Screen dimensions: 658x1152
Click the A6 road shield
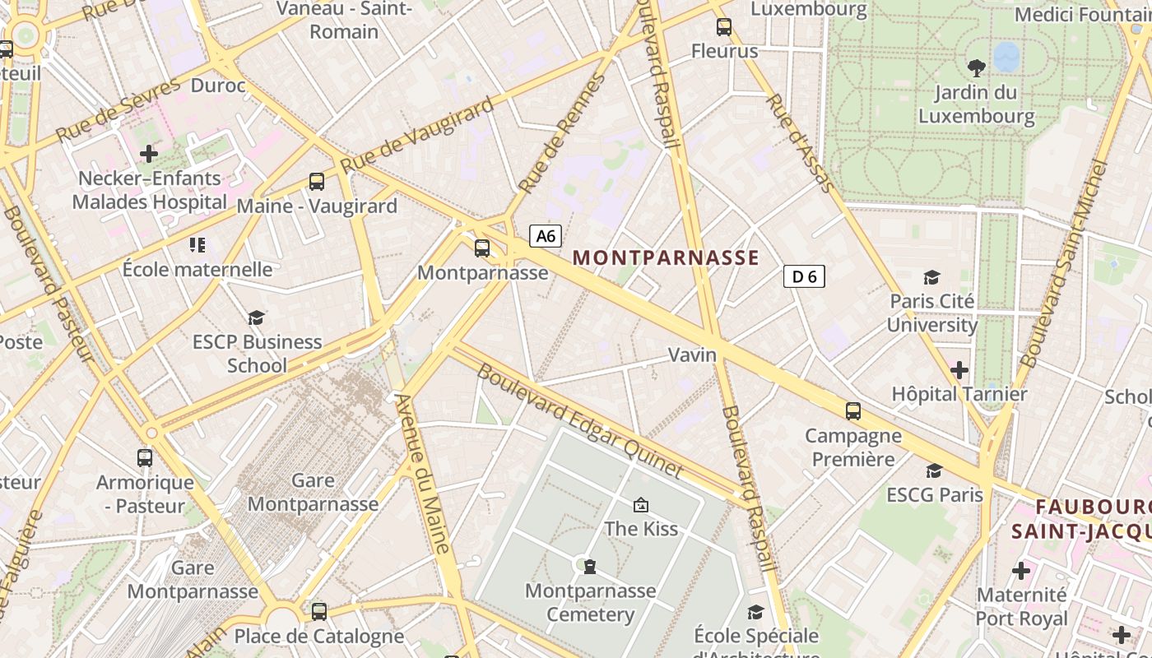[546, 236]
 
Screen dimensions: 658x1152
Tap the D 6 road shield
[803, 276]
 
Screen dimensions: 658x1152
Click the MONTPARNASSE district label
[666, 257]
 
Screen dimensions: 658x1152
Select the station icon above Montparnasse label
[482, 248]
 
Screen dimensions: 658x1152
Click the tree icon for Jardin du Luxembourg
[977, 67]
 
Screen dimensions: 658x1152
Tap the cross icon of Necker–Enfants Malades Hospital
[148, 154]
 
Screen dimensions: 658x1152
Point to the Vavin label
[692, 354]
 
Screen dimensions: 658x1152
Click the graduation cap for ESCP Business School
[257, 317]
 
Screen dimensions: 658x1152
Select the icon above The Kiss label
[640, 504]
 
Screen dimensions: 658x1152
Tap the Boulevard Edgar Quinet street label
[580, 422]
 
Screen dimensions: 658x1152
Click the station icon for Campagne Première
[853, 410]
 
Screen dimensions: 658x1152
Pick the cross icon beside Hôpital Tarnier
[959, 370]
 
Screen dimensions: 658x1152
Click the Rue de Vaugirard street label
[417, 135]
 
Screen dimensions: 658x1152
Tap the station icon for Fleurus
[724, 27]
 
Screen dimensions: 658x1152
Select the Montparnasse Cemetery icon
[589, 566]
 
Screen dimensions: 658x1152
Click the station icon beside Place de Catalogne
[319, 611]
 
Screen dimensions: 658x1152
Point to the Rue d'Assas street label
[800, 143]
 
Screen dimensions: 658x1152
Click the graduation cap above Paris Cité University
[931, 277]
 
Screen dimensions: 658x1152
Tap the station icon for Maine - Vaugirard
[317, 182]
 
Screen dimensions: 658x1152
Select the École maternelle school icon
[197, 245]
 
